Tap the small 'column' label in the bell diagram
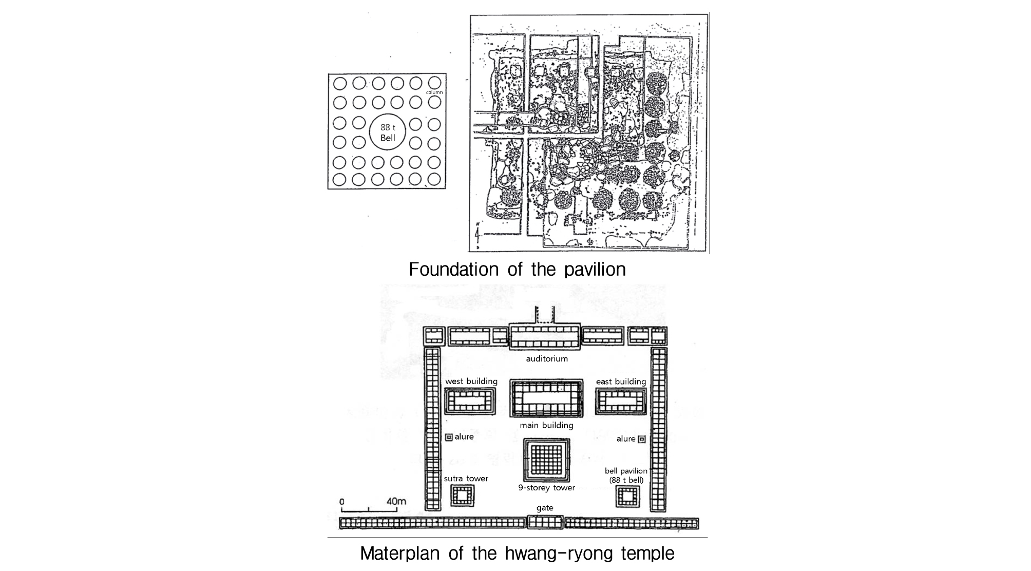pos(434,92)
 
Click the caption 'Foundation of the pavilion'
pos(517,270)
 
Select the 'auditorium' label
pos(547,358)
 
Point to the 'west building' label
pos(471,382)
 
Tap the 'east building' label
pos(621,382)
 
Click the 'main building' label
pos(546,425)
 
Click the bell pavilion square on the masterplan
pos(628,497)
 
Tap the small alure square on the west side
pos(449,437)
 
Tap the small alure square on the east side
pos(641,439)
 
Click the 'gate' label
pos(545,508)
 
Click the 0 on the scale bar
pos(342,502)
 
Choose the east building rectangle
pos(621,402)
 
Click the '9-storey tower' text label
pos(546,488)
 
